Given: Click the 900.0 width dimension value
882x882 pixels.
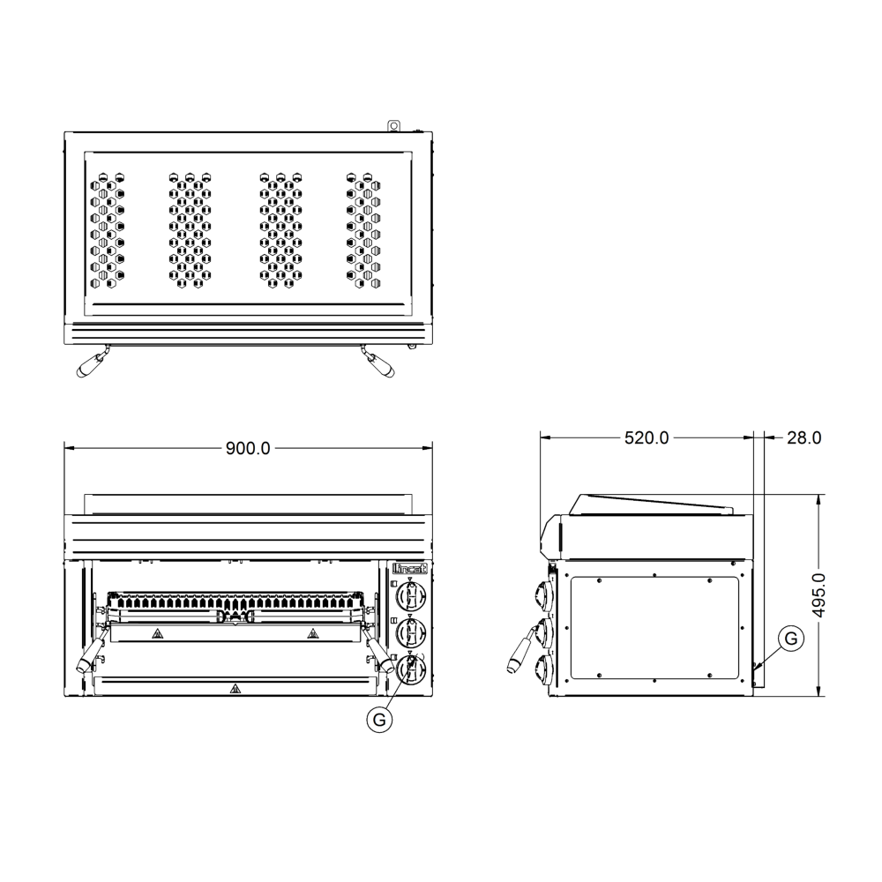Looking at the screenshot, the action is tap(248, 448).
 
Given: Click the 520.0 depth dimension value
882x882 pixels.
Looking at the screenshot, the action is tap(647, 437).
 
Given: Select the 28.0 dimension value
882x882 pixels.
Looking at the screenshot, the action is tap(804, 437).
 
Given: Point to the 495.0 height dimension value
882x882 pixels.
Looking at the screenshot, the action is tap(819, 595).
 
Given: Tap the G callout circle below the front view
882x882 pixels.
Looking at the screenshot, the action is tap(379, 720).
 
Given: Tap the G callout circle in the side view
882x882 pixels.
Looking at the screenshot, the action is tap(791, 639).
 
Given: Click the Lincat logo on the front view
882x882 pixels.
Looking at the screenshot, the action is tap(410, 569).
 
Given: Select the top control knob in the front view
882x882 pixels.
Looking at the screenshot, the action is tap(411, 596).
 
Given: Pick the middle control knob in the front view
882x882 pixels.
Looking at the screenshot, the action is tap(411, 632).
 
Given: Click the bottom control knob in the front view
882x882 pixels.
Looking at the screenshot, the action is tap(411, 669).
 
